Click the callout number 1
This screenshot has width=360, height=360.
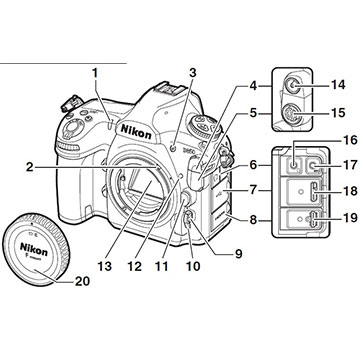coord(96,73)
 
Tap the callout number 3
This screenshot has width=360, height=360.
coord(193,73)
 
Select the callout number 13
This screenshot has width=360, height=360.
coord(105,266)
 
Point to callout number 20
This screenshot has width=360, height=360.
coord(82,282)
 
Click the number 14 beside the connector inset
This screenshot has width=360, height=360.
coord(337,85)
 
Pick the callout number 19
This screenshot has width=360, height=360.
coord(349,218)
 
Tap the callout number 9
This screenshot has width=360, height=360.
coord(238,254)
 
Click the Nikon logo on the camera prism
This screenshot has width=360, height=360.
coord(136,131)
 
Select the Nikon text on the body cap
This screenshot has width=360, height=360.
coord(34,249)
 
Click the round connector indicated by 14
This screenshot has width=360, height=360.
coord(293,85)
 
